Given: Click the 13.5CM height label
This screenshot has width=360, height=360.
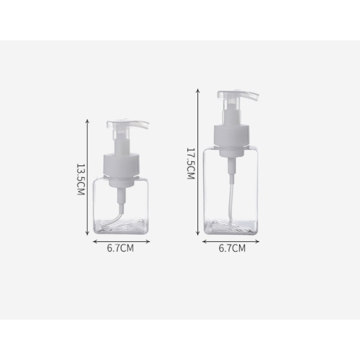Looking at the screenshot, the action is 81,179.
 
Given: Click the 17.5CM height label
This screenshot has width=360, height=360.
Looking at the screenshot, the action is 191,163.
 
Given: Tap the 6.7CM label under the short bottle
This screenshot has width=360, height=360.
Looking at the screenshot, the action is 120,248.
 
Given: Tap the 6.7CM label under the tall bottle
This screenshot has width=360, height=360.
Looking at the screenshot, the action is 232,248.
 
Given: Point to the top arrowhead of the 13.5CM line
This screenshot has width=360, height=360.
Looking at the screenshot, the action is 87,120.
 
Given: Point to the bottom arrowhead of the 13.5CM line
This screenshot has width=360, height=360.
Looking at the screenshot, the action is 87,234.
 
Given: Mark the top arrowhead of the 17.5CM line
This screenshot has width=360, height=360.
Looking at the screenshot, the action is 197,90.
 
